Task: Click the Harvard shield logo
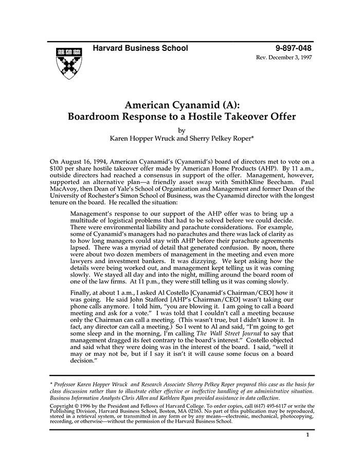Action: tap(69, 64)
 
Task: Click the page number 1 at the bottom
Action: tap(307, 435)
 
